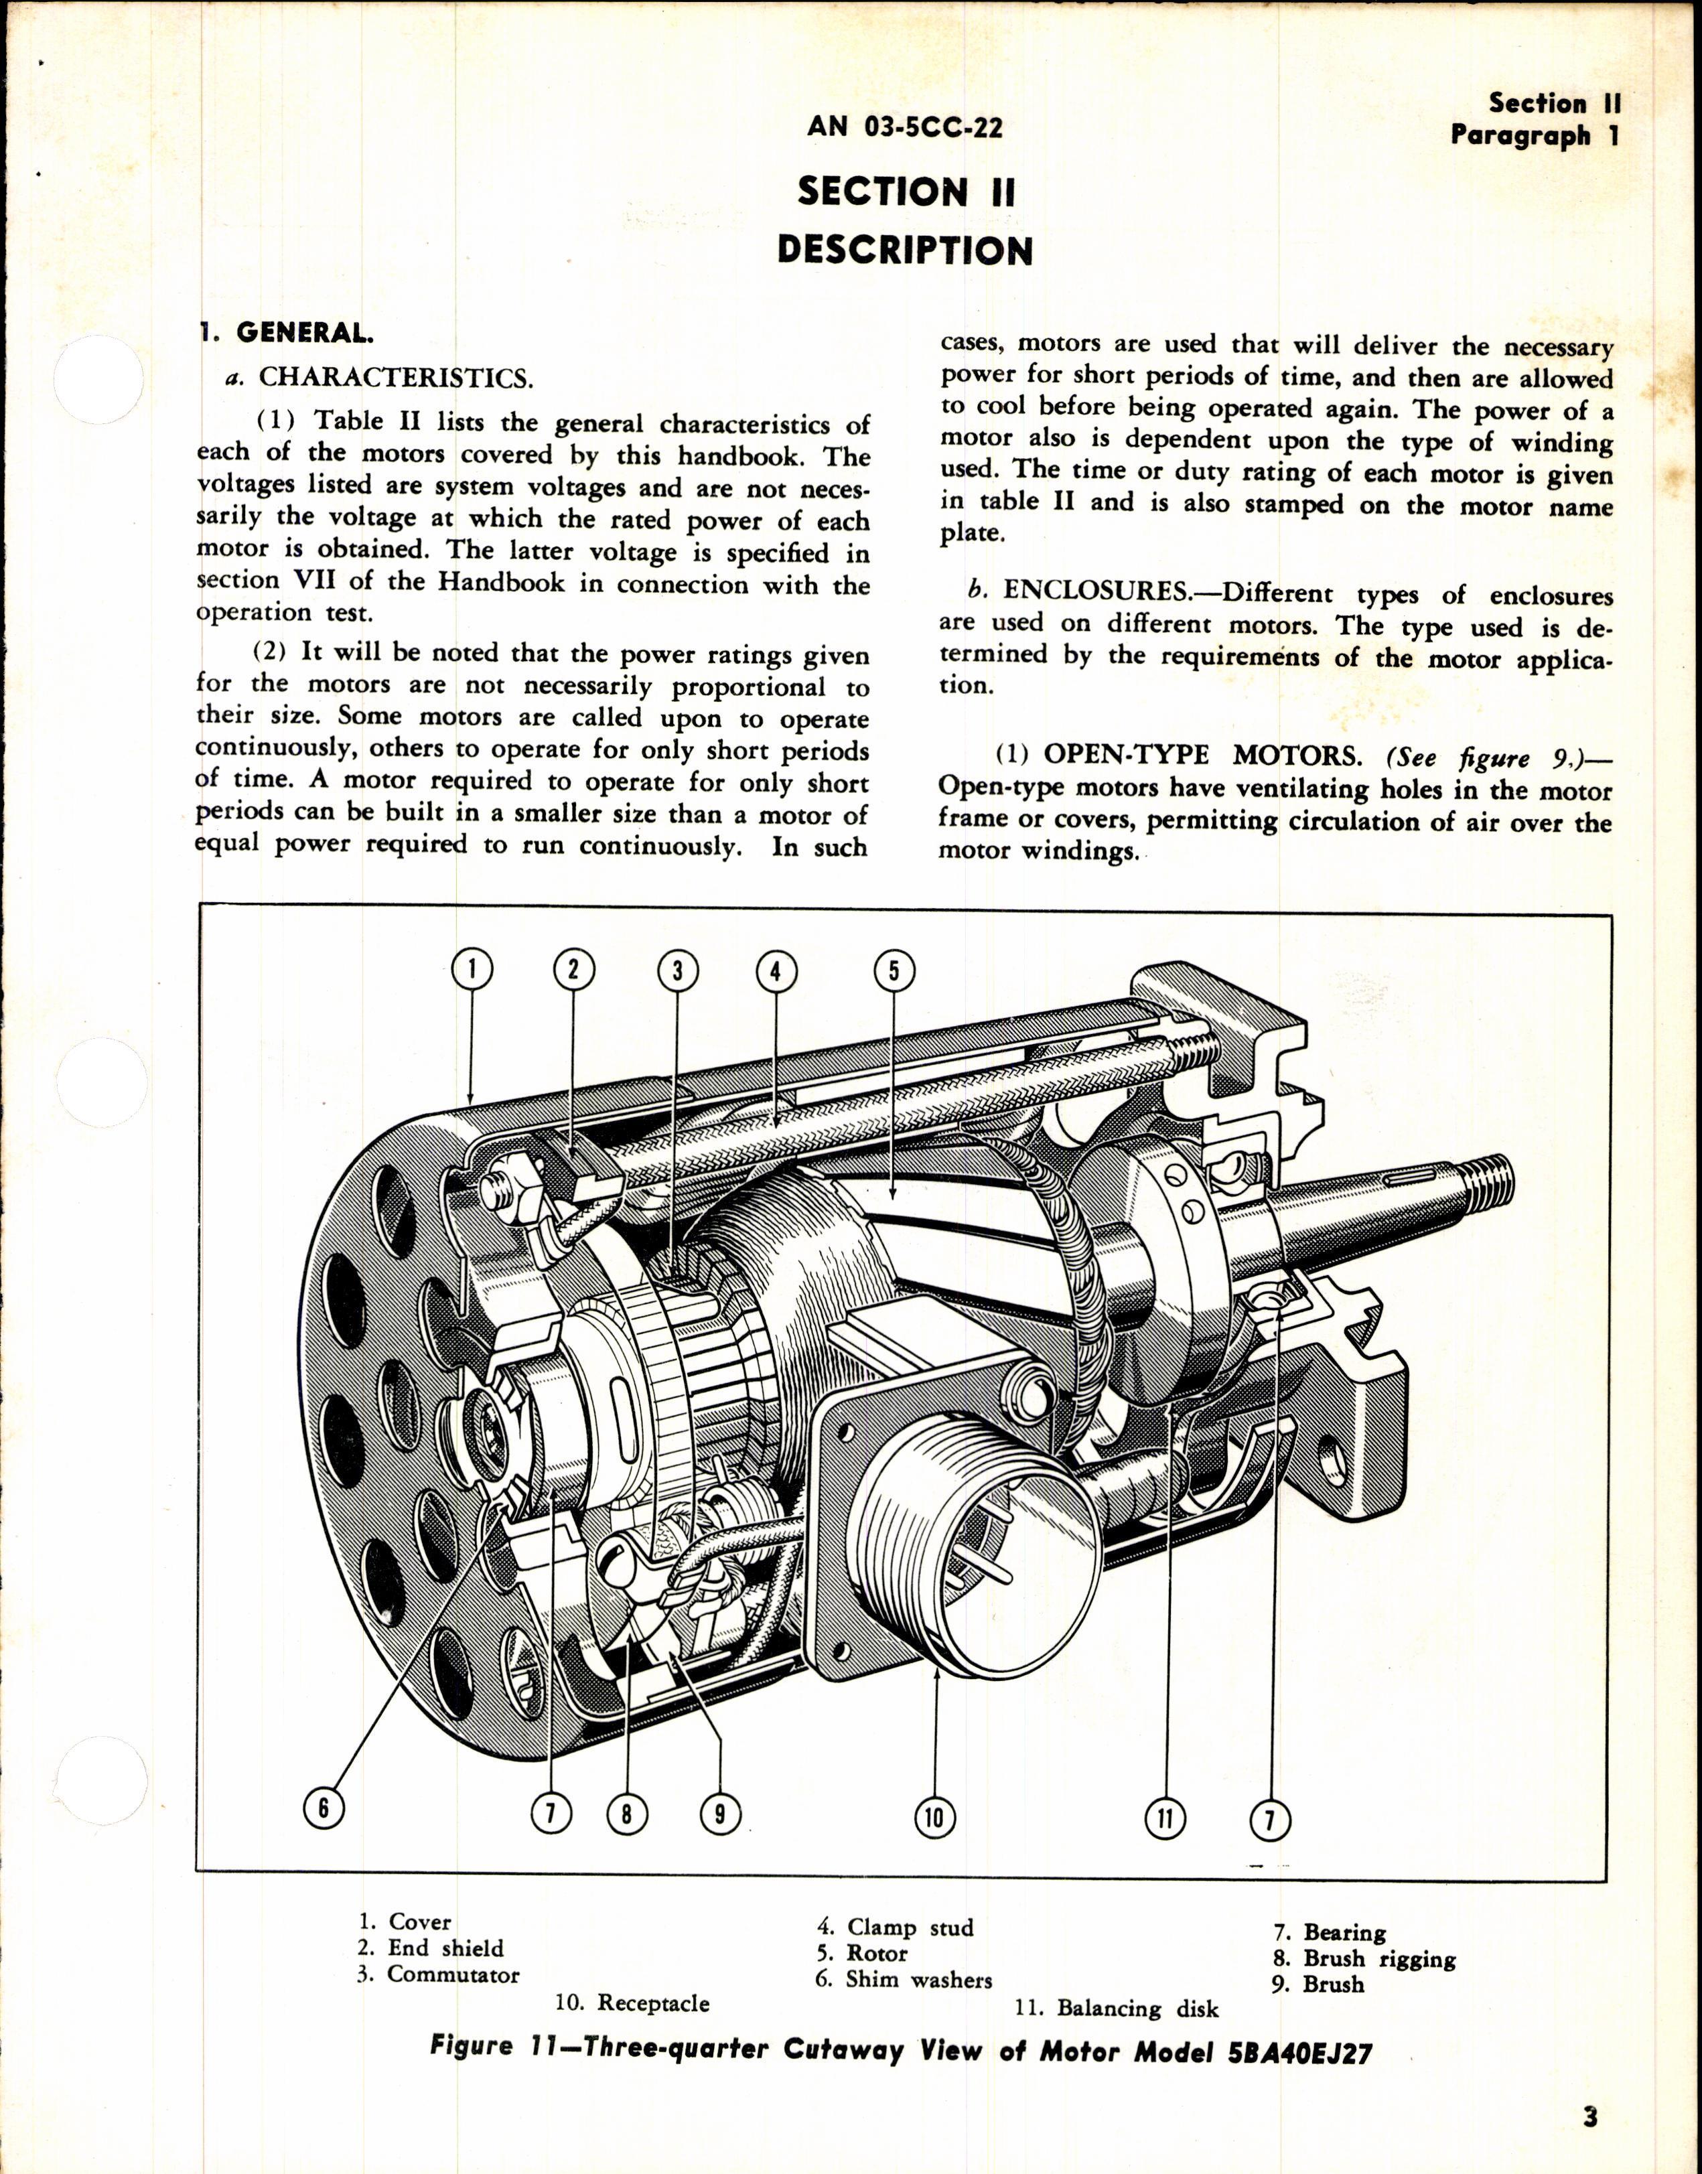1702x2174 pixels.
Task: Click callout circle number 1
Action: click(472, 968)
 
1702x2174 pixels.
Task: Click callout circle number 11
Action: click(1163, 1818)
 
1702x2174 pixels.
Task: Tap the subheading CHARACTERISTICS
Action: click(396, 378)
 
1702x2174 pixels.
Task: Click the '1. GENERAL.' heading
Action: click(286, 333)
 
